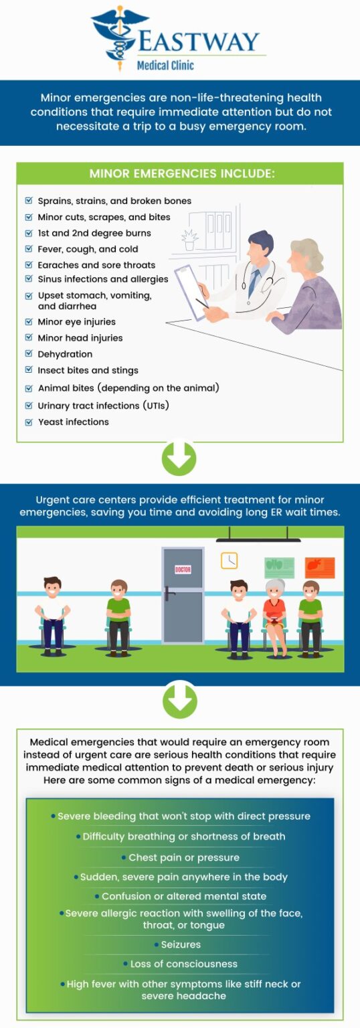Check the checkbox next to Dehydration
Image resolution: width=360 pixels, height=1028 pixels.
(x=29, y=353)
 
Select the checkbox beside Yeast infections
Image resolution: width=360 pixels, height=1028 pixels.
(x=29, y=422)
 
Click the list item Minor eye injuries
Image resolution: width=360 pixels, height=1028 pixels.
(x=76, y=322)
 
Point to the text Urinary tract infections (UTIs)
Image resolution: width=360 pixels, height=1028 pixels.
(x=103, y=406)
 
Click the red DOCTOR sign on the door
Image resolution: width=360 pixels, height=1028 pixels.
(x=183, y=570)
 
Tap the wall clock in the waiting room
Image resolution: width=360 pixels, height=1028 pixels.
(x=229, y=560)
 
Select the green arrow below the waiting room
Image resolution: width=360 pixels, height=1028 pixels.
(x=179, y=701)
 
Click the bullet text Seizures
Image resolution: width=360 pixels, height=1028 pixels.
(x=181, y=944)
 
